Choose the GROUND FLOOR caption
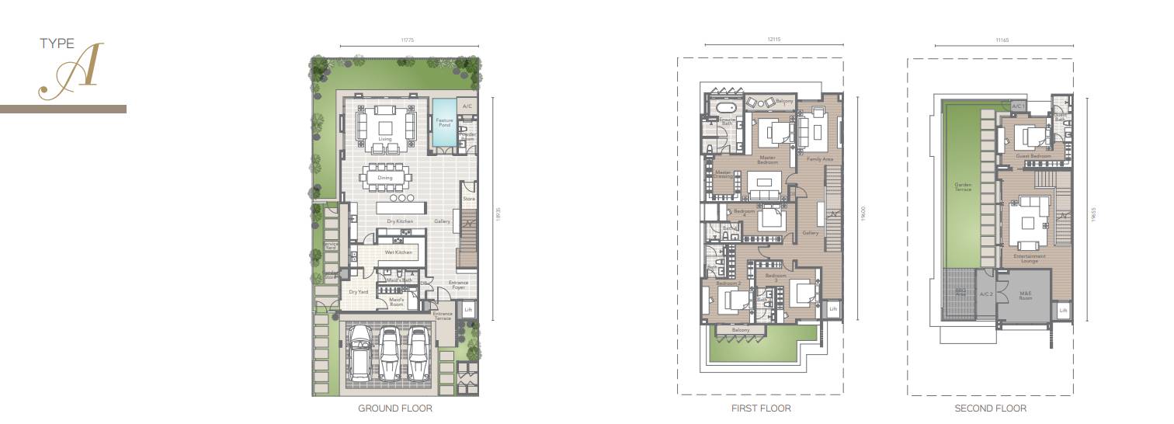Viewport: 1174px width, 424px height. point(394,408)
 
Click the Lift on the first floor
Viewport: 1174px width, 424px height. point(833,309)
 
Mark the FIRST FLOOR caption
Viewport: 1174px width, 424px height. point(761,408)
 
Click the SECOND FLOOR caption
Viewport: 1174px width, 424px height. point(990,408)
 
